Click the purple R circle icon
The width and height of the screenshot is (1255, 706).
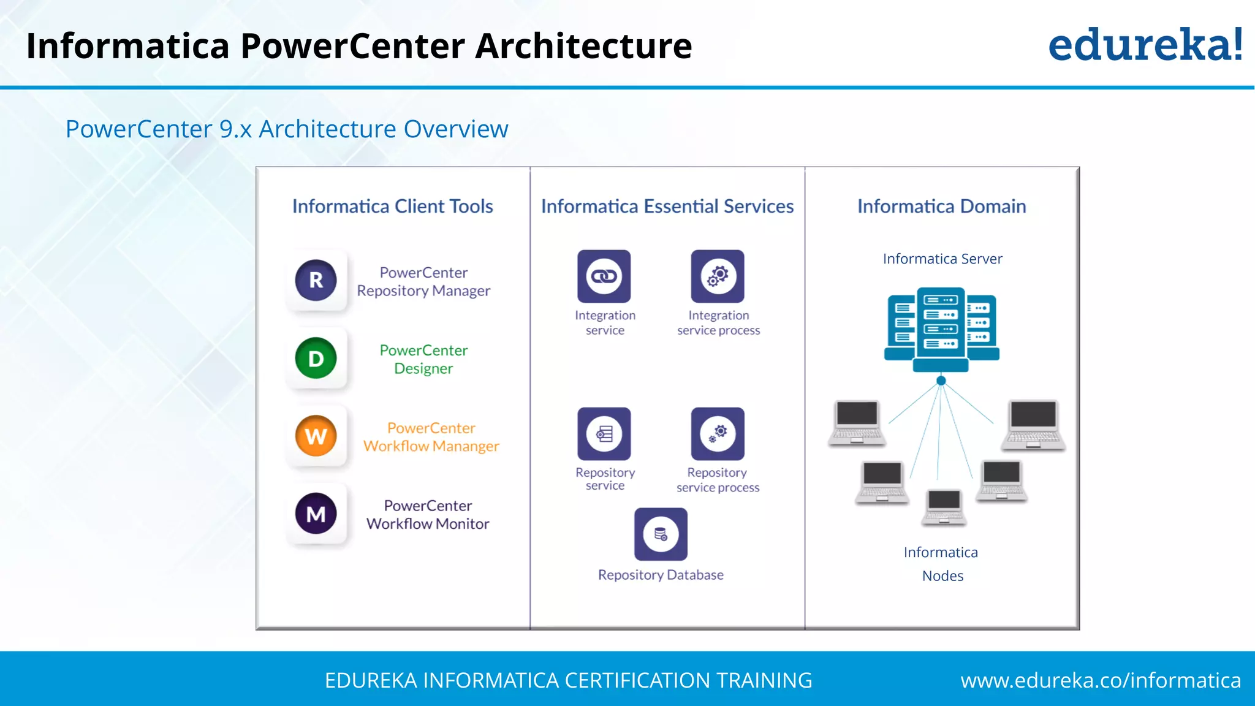tap(316, 280)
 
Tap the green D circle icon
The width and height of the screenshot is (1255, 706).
tap(316, 358)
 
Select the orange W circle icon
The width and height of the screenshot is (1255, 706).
tap(316, 436)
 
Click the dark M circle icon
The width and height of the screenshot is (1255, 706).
tap(316, 514)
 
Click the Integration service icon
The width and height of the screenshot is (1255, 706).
tap(604, 276)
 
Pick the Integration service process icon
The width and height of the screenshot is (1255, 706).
tap(718, 276)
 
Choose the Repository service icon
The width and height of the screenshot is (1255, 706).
tap(604, 433)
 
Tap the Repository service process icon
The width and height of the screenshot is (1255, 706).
tap(718, 433)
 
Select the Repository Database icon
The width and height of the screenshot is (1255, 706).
tap(661, 534)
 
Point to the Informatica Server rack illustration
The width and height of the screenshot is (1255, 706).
tap(941, 329)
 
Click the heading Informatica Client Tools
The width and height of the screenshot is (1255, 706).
tap(392, 207)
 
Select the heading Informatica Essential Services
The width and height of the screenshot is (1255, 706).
tap(667, 207)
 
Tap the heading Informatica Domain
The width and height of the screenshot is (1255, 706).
tap(941, 207)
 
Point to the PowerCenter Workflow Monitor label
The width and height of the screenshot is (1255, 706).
tap(428, 515)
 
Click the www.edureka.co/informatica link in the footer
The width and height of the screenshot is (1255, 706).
tap(1101, 680)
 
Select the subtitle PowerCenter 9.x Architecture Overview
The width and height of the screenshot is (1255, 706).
tap(287, 129)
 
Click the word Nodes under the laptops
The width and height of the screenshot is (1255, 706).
tap(942, 576)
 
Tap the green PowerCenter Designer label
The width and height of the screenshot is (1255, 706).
tap(423, 359)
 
